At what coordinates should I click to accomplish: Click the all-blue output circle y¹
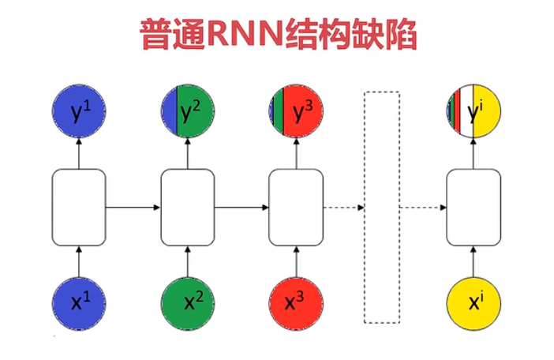78,114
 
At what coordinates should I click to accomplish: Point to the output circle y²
188,114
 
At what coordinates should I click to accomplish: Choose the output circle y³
297,114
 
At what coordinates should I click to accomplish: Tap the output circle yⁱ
474,114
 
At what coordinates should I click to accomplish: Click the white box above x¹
78,207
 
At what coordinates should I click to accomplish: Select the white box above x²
188,207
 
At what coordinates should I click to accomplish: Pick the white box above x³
297,207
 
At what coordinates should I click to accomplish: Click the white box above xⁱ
474,207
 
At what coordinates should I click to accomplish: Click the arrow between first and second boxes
133,208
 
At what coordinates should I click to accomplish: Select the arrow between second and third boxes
242,208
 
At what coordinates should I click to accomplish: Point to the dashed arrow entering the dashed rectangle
343,208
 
